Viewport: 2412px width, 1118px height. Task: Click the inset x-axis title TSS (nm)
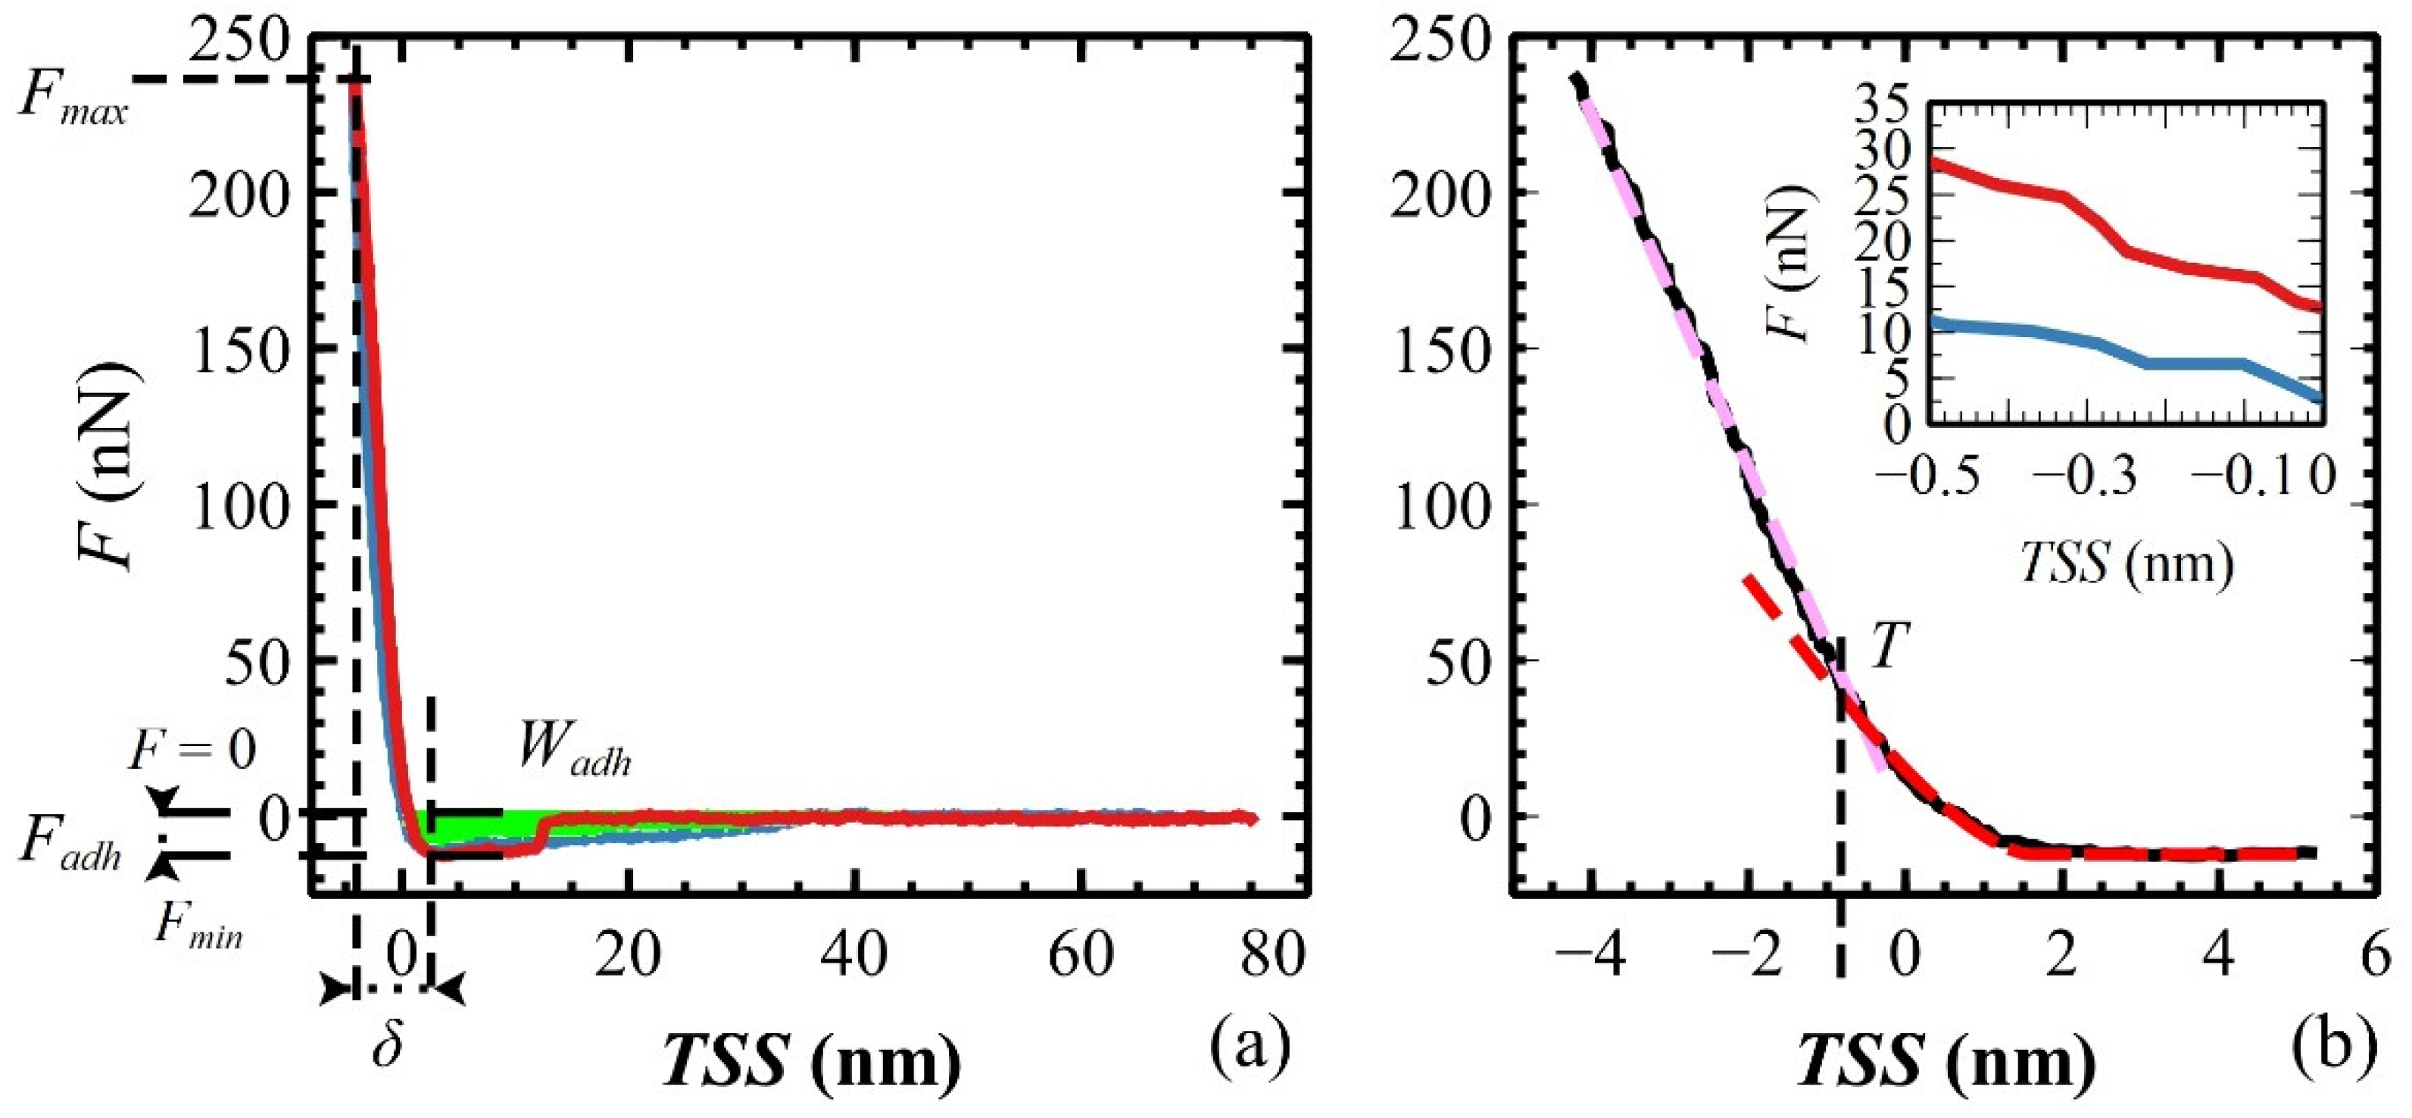pos(2126,564)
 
